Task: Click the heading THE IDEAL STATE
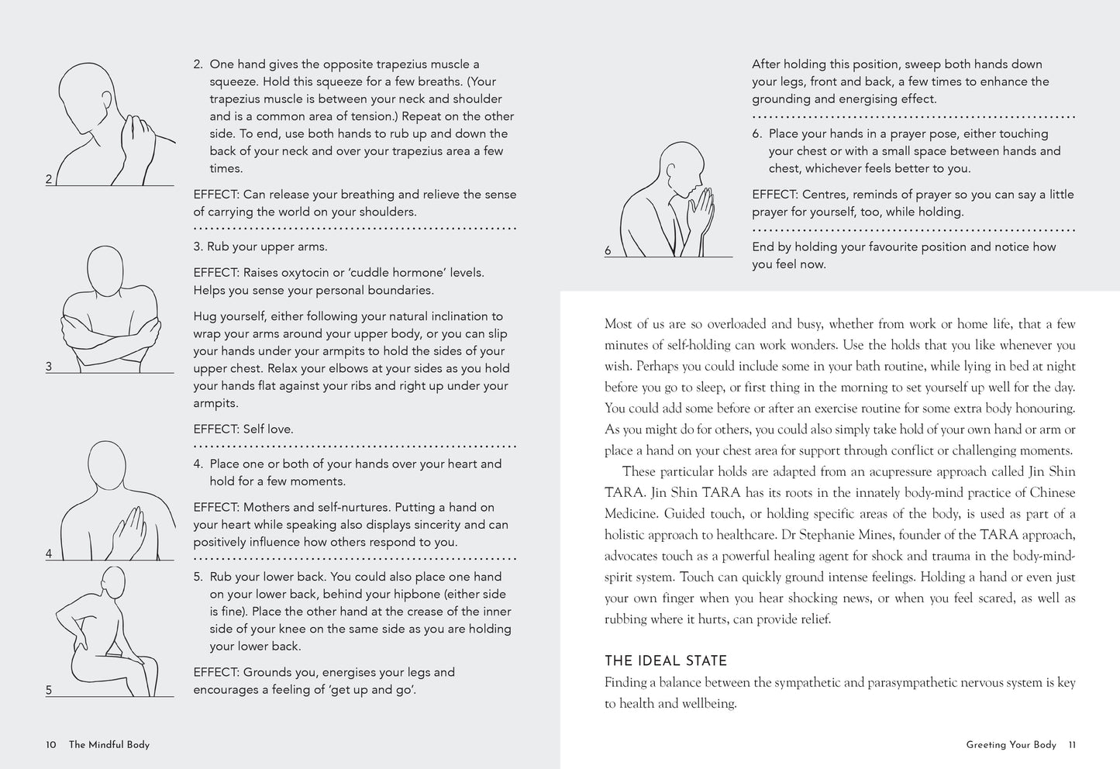665,661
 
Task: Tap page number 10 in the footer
51,745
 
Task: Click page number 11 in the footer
1072,745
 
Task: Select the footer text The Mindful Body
109,745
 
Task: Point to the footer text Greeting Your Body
1011,745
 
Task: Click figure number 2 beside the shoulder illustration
49,179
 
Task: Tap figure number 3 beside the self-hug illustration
49,367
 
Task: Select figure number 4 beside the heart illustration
49,553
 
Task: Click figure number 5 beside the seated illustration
49,690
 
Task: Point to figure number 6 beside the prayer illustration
608,250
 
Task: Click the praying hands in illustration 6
703,209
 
